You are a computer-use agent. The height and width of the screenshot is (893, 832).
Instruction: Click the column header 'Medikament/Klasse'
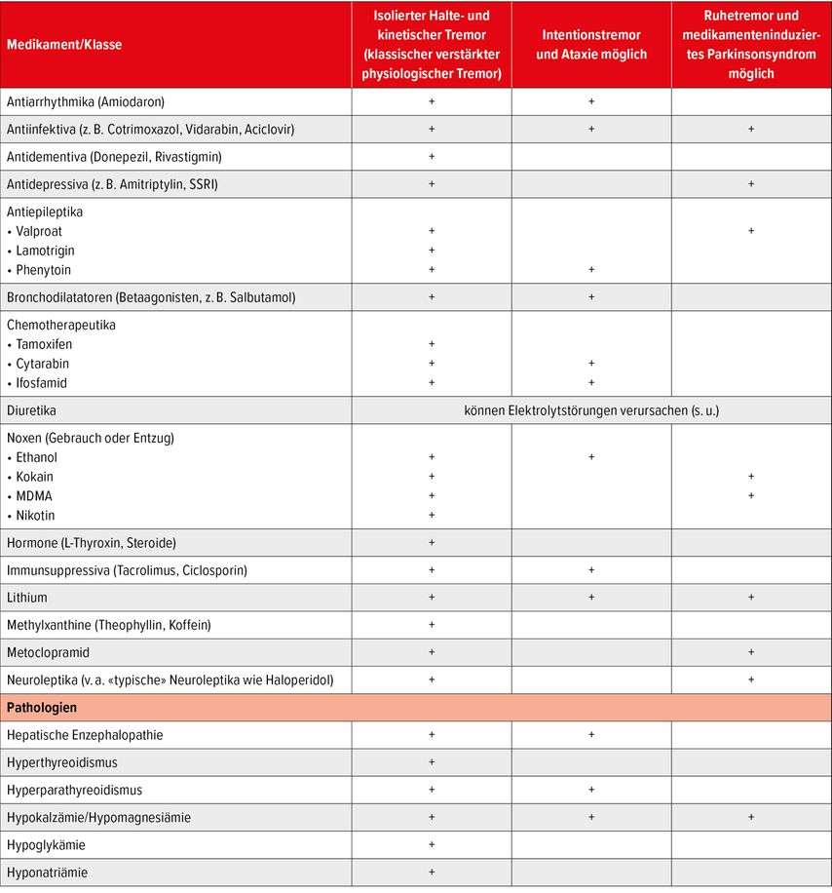pos(65,44)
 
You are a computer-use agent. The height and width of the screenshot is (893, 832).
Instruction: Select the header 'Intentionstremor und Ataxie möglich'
pos(591,44)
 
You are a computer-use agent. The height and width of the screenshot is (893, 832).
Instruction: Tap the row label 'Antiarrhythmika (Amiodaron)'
pos(86,101)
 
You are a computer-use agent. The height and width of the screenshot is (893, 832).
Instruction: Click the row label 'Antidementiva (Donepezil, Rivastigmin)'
pos(114,156)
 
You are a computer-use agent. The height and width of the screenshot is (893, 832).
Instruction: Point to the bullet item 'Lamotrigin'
pos(45,251)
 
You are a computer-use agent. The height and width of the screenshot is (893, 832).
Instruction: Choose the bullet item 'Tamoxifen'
pos(44,344)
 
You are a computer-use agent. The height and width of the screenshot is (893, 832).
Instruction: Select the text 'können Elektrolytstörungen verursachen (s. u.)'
pos(591,410)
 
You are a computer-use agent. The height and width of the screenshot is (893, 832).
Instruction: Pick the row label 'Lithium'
pos(27,598)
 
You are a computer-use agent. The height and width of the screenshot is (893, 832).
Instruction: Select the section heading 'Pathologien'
pos(42,707)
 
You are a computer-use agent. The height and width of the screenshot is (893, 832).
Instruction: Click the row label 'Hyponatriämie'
pos(49,872)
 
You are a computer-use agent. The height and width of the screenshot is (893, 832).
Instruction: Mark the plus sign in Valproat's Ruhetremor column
pos(751,231)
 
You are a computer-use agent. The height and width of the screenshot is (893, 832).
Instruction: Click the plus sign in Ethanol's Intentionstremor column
pos(591,456)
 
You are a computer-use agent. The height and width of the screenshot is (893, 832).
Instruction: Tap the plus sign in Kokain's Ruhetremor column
pos(751,477)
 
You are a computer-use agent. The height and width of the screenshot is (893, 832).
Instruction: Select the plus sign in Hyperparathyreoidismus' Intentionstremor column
pos(591,790)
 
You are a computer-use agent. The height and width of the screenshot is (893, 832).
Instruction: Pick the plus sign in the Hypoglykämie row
pos(432,844)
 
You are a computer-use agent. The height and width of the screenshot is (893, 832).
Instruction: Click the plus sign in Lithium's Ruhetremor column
pos(751,598)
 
